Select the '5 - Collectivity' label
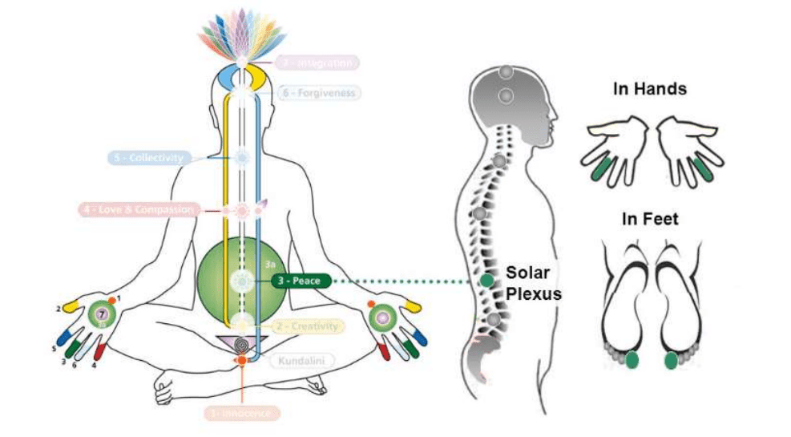click(149, 159)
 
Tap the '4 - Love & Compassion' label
click(138, 210)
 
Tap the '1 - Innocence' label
click(241, 413)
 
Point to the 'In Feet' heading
click(650, 219)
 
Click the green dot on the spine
click(486, 281)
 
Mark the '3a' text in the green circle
click(269, 262)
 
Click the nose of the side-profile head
click(556, 111)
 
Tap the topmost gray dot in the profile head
click(506, 72)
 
